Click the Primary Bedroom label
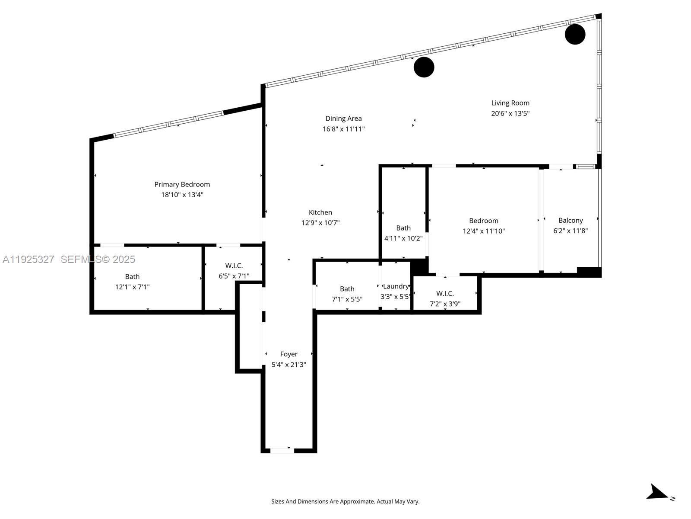[182, 184]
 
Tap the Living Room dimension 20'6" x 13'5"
[510, 114]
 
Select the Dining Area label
[343, 119]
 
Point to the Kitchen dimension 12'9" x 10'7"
[320, 223]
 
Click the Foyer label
[288, 354]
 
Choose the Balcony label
[570, 221]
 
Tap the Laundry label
[396, 286]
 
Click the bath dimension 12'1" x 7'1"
[132, 287]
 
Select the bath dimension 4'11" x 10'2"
[403, 238]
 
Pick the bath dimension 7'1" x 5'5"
[347, 299]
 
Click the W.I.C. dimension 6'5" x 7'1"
[234, 276]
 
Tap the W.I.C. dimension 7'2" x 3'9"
[445, 304]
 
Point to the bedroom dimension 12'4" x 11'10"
[483, 231]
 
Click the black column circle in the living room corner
[575, 34]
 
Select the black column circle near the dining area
[424, 67]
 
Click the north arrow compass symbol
[659, 493]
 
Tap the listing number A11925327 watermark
[29, 259]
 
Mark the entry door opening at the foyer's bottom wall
[282, 451]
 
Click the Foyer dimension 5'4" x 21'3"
[288, 365]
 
